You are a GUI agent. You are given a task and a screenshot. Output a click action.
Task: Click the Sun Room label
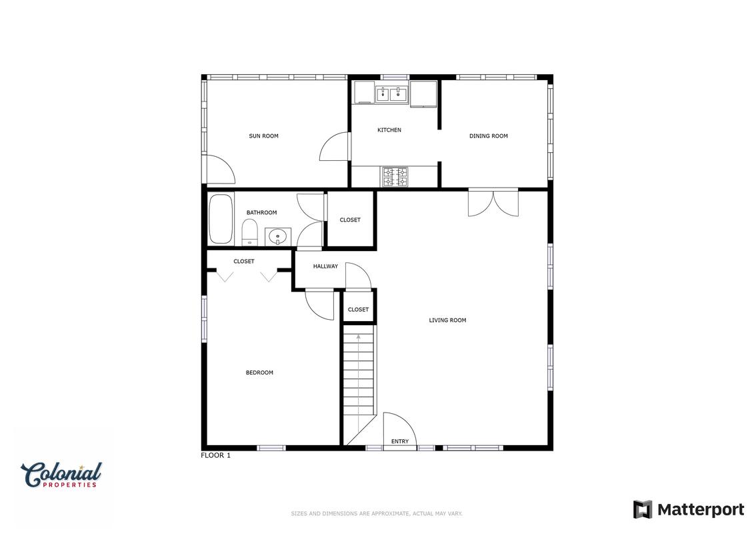coord(263,136)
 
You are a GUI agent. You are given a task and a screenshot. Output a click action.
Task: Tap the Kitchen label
coord(389,130)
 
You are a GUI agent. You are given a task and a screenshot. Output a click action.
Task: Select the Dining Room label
coord(489,136)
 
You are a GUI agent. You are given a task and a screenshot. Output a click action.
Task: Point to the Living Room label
coord(448,320)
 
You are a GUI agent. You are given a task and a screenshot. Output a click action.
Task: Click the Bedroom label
coord(260,372)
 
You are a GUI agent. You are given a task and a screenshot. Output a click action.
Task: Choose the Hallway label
coord(325,266)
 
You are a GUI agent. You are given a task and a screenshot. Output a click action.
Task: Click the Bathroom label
coord(261,213)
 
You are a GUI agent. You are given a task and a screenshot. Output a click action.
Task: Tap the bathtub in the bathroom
coord(221,219)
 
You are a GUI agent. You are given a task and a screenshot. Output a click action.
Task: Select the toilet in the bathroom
coord(249,232)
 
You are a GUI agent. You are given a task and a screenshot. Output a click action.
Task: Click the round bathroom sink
coord(278,236)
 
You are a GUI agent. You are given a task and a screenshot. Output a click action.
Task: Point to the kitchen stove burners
coord(395,177)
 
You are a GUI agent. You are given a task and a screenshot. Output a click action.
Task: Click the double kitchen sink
coord(391,94)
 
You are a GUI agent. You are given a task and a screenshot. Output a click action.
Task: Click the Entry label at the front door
coord(400,441)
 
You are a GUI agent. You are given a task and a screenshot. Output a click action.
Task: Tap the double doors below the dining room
coord(493,203)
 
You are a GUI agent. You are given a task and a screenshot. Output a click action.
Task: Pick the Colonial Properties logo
coord(61,475)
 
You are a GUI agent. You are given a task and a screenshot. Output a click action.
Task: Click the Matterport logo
coord(689,509)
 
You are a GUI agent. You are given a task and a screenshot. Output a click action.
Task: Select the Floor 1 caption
coord(216,455)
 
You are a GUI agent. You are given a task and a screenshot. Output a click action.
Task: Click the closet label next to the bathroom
coord(350,220)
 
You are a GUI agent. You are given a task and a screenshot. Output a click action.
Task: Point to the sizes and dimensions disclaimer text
coord(377,514)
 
